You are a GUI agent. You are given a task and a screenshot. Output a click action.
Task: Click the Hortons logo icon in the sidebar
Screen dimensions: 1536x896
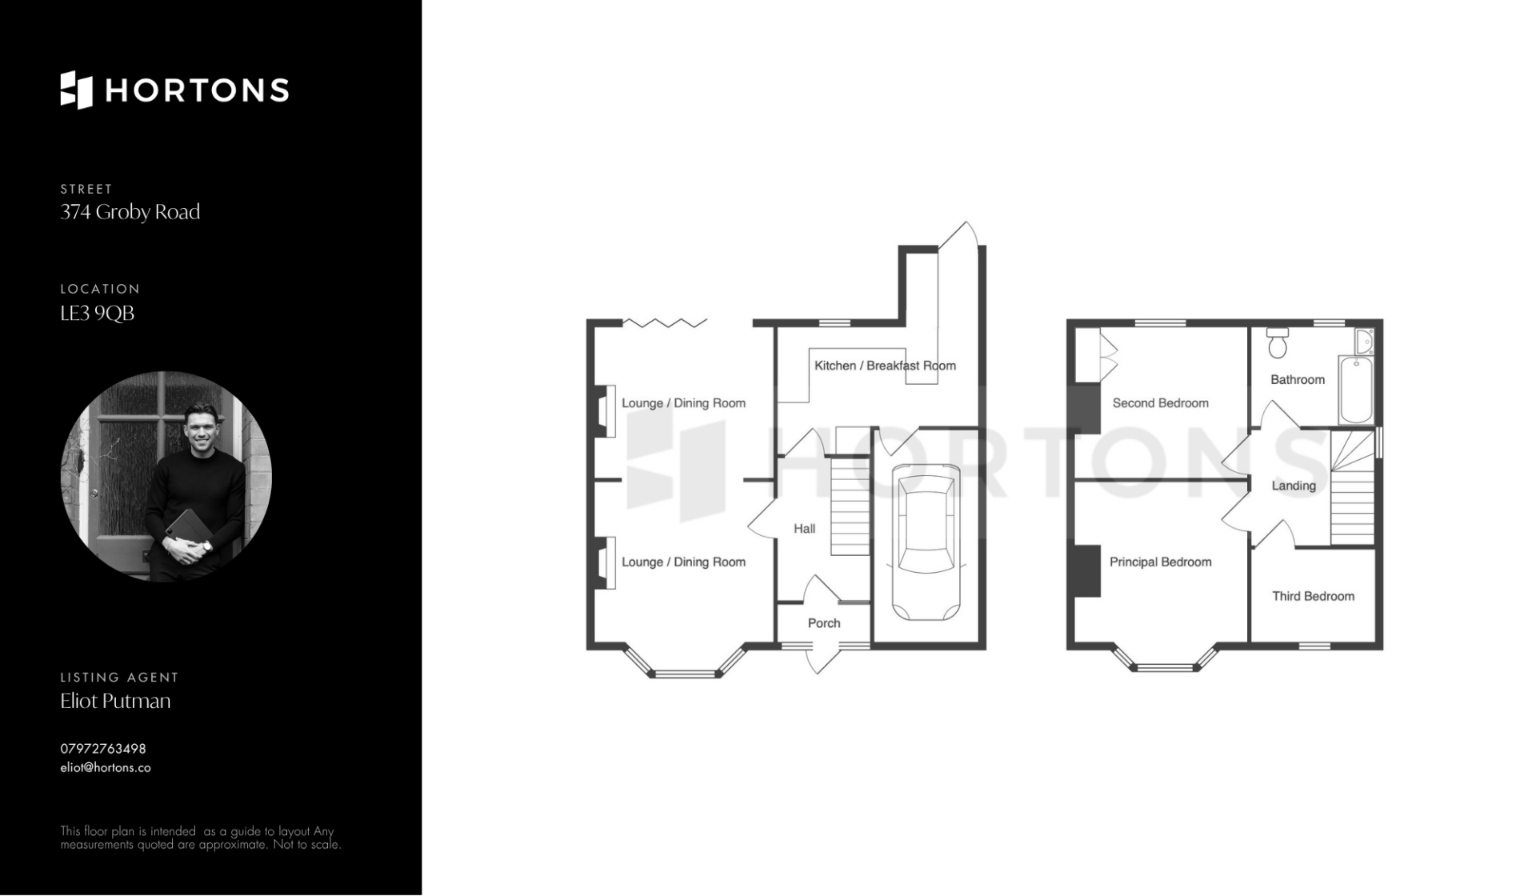[77, 90]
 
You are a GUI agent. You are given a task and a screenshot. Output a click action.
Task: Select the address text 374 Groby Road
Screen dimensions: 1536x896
[130, 212]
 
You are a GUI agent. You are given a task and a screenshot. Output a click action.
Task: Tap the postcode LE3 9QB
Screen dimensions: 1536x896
[98, 313]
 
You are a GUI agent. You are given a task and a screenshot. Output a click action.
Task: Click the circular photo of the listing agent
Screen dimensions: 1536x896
[166, 476]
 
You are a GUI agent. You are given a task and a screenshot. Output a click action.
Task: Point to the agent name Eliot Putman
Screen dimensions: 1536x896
[116, 701]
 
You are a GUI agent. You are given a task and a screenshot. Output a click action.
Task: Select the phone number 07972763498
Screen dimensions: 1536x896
[103, 749]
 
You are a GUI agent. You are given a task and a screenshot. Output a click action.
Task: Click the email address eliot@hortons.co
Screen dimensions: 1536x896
[106, 768]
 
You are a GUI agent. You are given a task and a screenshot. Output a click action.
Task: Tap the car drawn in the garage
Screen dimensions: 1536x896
[926, 542]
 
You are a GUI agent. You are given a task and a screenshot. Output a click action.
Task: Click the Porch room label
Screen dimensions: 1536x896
[824, 623]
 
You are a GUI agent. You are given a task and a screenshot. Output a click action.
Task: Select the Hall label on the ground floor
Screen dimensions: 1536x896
[805, 529]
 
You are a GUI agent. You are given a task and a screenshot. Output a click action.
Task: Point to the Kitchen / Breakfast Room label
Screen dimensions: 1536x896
[885, 366]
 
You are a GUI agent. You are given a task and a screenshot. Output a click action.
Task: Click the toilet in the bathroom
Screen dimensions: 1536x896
[1278, 342]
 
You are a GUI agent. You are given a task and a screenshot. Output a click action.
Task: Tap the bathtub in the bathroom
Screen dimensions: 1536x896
[1356, 390]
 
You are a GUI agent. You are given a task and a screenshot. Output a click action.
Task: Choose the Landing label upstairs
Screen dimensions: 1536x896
[1294, 486]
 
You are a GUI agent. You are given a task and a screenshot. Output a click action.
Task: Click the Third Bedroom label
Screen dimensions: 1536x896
[1314, 596]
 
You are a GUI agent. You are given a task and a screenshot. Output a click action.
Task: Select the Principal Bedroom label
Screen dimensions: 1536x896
[1161, 562]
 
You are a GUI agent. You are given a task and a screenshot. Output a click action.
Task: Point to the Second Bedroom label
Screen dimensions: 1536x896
[1161, 403]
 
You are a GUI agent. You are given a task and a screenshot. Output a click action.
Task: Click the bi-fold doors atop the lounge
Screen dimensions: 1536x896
[666, 323]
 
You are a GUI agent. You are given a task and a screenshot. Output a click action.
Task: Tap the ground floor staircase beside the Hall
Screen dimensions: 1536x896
[850, 506]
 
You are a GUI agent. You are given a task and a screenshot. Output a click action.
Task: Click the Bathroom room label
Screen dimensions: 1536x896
[1298, 380]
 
